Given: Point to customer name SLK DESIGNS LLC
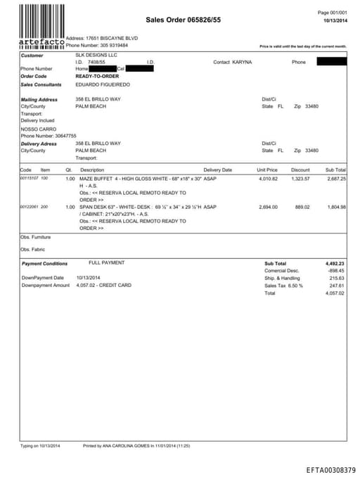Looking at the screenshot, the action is (x=96, y=54).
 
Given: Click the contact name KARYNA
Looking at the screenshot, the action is (x=242, y=62).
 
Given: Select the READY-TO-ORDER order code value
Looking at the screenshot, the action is (x=98, y=75).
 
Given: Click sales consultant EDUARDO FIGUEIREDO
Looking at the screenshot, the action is (x=105, y=84).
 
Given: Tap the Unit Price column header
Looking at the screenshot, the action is (x=267, y=170).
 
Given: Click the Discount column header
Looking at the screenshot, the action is (x=300, y=170).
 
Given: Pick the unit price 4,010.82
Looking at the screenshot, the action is (x=268, y=179).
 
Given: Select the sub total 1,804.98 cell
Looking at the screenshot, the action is (x=335, y=207).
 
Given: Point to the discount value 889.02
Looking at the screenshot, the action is (x=302, y=207).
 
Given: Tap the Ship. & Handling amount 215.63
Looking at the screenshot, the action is (x=335, y=278).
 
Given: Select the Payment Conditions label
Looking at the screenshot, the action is (x=45, y=263).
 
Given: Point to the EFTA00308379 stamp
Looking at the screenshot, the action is (x=331, y=469).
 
